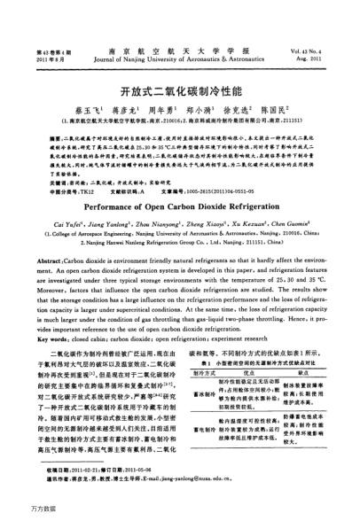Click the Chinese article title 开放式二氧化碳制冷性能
click(x=180, y=90)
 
